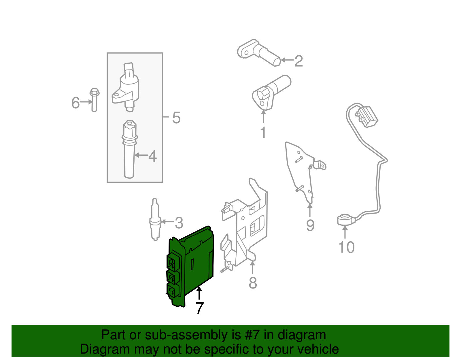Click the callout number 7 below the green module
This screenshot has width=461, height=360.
coord(199,308)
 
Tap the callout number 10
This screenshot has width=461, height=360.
coord(346,247)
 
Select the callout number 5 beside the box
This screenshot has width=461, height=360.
coord(176,118)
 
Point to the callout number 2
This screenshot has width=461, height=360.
coord(298,61)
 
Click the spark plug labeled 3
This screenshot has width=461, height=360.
coord(155,220)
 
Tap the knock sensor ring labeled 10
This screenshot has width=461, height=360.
coord(343,220)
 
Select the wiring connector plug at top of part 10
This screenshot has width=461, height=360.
coord(368,116)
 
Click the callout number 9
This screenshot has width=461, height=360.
coord(310,225)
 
